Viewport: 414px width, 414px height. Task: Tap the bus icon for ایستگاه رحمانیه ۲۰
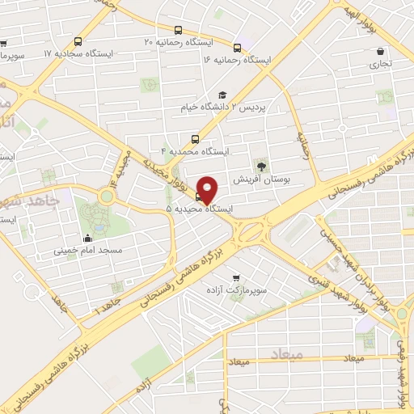click(77, 41)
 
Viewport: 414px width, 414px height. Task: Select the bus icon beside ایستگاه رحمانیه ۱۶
click(237, 48)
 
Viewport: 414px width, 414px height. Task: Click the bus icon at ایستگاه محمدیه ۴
click(195, 139)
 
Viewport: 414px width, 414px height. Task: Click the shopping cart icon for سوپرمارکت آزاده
click(236, 277)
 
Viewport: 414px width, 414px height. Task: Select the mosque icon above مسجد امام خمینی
click(87, 239)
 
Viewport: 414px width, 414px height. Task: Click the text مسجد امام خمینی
click(88, 251)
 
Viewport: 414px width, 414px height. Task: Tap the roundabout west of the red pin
click(106, 196)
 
